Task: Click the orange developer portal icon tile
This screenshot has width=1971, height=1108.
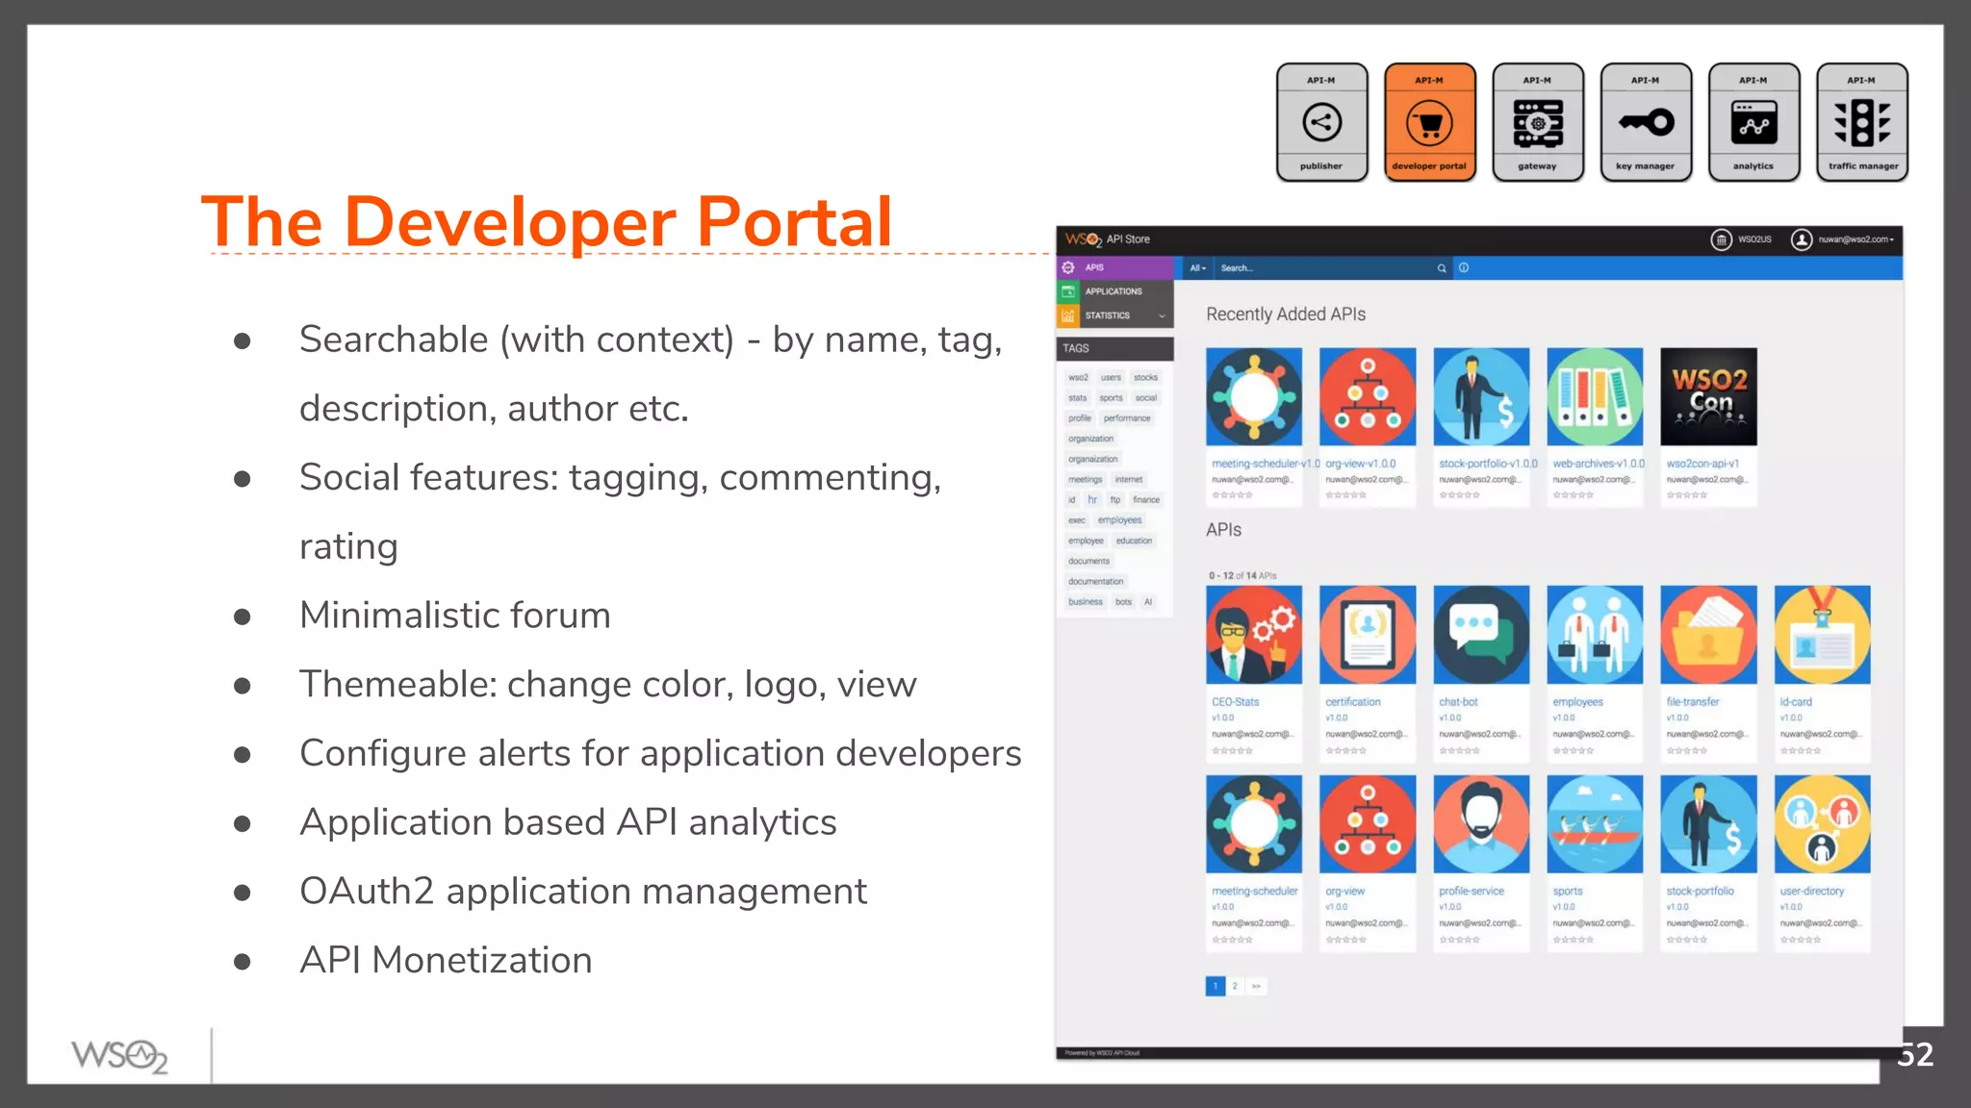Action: [x=1429, y=122]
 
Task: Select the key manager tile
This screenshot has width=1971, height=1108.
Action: [x=1645, y=122]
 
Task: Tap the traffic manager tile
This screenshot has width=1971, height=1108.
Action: [x=1861, y=122]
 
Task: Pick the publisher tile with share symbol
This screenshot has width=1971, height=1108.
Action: [x=1321, y=122]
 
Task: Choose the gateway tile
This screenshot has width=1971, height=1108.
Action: [x=1537, y=122]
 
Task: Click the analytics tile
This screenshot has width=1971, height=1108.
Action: [x=1753, y=122]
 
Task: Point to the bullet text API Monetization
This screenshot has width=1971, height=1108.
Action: [x=446, y=960]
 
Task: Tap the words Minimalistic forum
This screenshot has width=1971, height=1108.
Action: [x=454, y=616]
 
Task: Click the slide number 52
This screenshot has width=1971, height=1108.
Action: [x=1914, y=1055]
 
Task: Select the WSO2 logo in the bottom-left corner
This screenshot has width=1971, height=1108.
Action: [x=119, y=1056]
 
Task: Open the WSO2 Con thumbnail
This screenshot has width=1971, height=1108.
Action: [x=1708, y=396]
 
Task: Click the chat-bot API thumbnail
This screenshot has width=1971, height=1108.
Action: [x=1481, y=635]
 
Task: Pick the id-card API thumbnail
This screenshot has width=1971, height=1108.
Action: [x=1822, y=635]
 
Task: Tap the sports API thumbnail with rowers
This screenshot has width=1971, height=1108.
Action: [x=1595, y=824]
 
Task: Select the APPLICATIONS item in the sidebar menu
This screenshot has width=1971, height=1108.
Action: [x=1113, y=291]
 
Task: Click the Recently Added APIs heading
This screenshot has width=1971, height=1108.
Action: [x=1285, y=315]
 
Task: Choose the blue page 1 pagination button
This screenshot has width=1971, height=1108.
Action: [x=1216, y=986]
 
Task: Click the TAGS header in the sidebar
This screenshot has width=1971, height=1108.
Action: [x=1077, y=348]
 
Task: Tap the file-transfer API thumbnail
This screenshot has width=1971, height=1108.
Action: [x=1708, y=635]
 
